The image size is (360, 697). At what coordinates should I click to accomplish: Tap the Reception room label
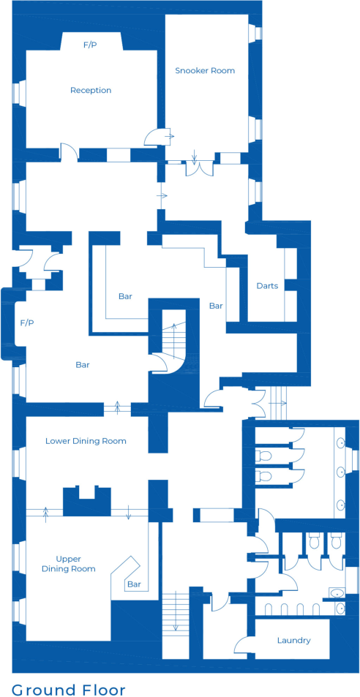click(91, 91)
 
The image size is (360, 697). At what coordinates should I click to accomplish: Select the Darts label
click(267, 286)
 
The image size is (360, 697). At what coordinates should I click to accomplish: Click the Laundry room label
click(293, 641)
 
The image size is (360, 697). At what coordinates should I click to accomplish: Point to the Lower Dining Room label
click(86, 441)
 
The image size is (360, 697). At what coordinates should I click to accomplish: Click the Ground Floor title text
click(68, 690)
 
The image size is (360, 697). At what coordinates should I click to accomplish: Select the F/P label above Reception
click(90, 45)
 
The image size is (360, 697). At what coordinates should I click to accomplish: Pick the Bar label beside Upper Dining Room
click(134, 584)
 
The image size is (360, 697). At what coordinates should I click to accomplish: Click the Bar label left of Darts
click(216, 306)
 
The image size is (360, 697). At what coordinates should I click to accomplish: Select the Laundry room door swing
click(242, 644)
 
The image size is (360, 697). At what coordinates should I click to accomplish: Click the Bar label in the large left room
click(83, 364)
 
